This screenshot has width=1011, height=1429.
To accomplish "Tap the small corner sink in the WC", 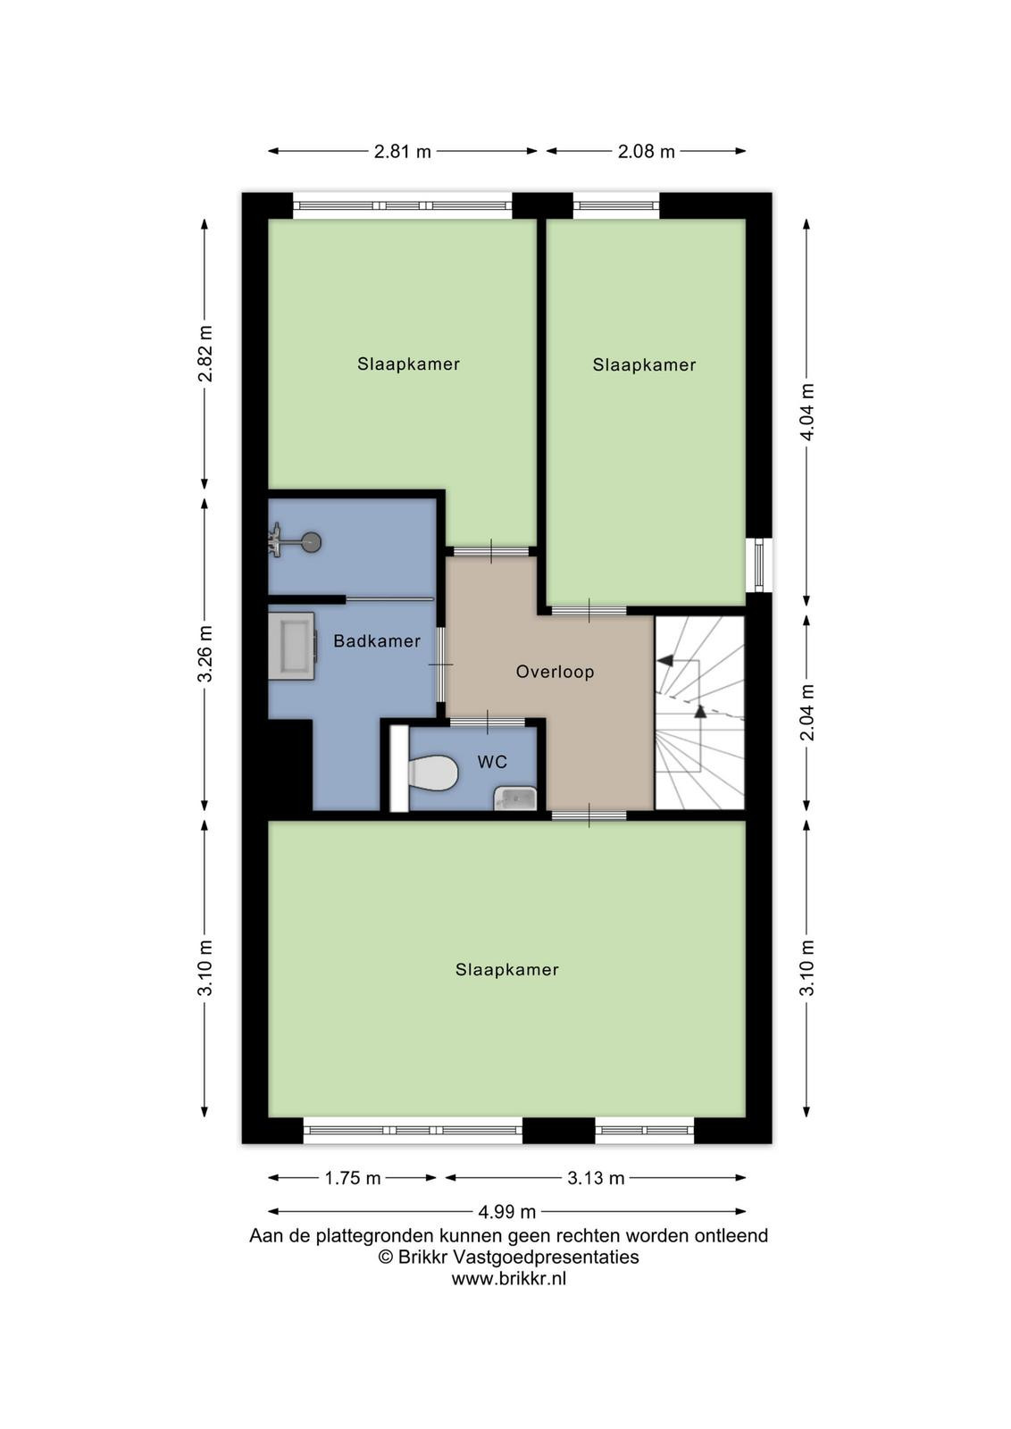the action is click(x=515, y=799).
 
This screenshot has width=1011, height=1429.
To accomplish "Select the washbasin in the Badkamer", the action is click(x=292, y=646).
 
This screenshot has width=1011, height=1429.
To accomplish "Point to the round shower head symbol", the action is click(x=312, y=542).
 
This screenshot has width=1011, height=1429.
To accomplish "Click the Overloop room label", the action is click(x=555, y=672).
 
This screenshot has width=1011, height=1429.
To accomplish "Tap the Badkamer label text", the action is click(x=377, y=641).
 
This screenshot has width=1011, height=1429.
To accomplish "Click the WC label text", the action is click(x=492, y=761).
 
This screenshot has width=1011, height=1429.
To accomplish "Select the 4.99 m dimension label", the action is click(x=507, y=1211).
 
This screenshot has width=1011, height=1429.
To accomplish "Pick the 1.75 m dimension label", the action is click(x=352, y=1178).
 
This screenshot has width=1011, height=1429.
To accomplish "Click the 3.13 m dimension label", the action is click(x=596, y=1178).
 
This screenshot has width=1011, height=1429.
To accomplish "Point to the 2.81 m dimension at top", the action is click(x=403, y=151).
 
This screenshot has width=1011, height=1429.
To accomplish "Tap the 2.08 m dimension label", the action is click(x=646, y=151).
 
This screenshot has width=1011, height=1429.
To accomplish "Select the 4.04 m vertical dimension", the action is click(x=806, y=412).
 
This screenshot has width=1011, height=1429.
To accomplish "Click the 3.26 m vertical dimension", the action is click(x=205, y=653).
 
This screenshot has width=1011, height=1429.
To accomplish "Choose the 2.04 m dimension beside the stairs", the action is click(x=806, y=712).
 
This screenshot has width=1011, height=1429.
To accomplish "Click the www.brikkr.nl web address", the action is click(x=508, y=1278).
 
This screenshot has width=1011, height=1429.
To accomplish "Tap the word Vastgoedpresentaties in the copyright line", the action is click(x=546, y=1257).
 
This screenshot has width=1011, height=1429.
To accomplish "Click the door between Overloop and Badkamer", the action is click(x=441, y=664).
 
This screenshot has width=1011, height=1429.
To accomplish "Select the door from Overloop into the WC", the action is click(x=488, y=722).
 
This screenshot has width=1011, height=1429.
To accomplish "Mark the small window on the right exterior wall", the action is click(x=758, y=564).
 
